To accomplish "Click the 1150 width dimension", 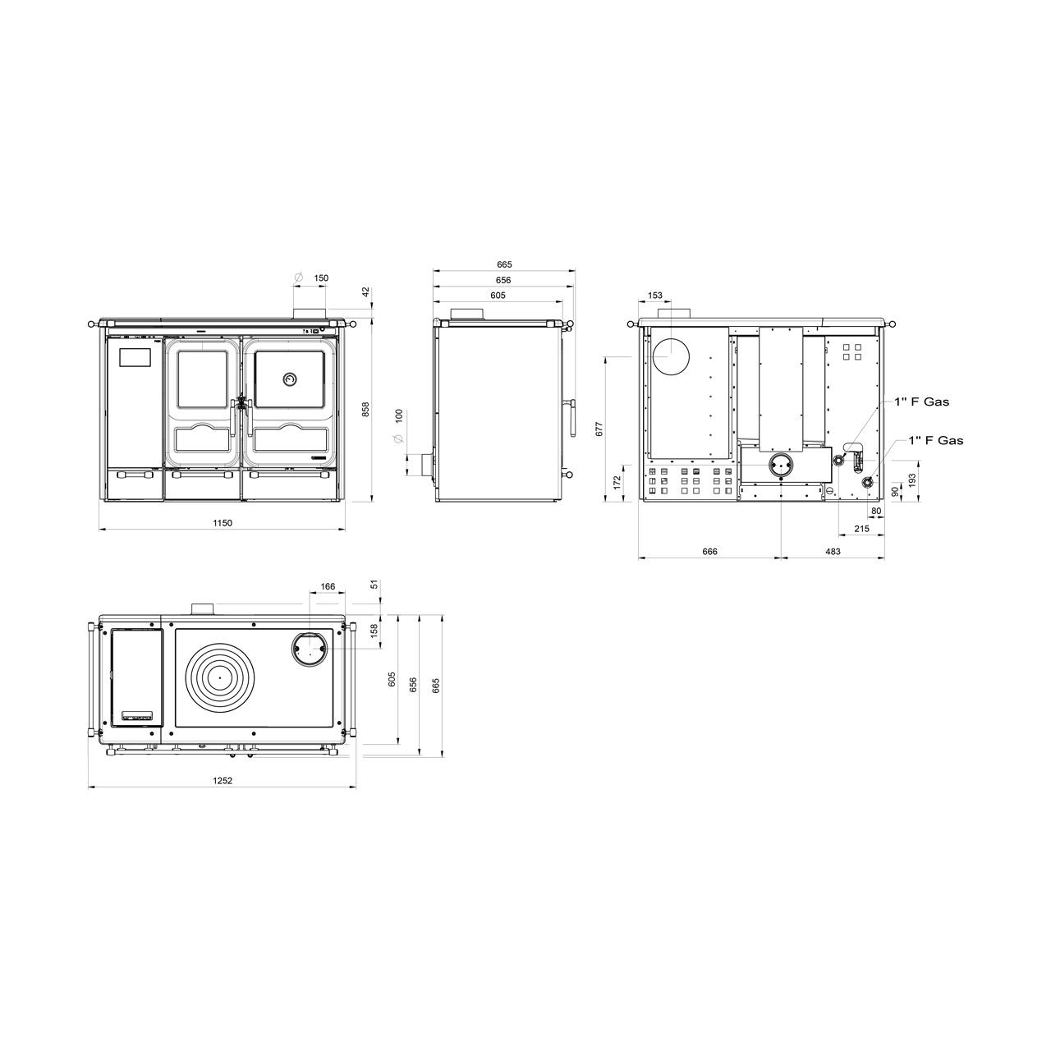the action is (222, 523).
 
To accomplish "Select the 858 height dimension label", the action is (366, 409).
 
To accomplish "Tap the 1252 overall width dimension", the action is (222, 781).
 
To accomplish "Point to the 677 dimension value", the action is (599, 428).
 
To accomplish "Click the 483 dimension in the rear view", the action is (833, 552).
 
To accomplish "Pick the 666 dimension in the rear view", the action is (709, 552).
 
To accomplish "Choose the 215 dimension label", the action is (861, 529).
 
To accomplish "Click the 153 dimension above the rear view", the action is (654, 295).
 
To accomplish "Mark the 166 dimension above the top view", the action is (328, 586).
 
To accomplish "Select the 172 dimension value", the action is (617, 482).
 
